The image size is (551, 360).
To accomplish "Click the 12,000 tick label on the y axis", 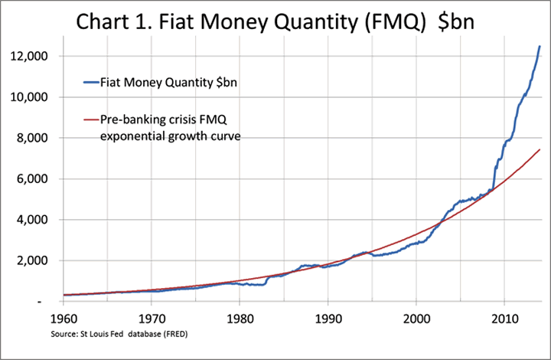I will [x=32, y=57].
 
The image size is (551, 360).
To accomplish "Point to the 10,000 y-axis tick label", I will [x=32, y=97].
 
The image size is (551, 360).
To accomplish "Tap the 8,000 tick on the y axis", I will [x=34, y=139].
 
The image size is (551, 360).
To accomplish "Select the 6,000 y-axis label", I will [x=34, y=179].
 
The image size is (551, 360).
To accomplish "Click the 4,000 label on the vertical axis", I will [x=34, y=220].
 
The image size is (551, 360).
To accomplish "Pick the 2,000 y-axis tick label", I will [x=34, y=261].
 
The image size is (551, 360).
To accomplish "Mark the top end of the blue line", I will [x=540, y=46].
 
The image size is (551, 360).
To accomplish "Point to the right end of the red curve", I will [x=540, y=149].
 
